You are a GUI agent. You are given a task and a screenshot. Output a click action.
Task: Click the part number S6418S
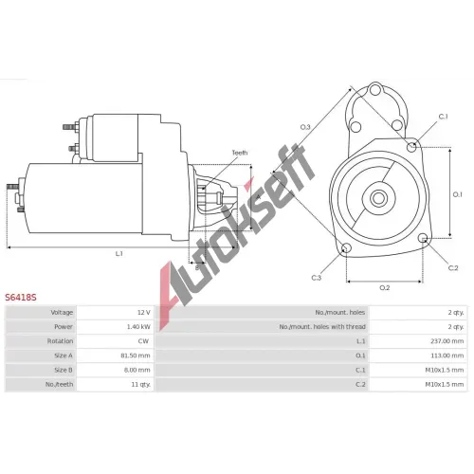pos(21,298)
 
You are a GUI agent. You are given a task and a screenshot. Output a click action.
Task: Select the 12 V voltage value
pos(144,313)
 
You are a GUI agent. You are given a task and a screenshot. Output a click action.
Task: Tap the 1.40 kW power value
pos(138,327)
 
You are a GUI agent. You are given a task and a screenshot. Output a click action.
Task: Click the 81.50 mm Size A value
pos(136,355)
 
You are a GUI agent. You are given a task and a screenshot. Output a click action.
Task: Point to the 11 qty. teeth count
pos(141,385)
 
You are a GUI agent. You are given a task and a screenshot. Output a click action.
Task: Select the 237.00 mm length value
pos(447,341)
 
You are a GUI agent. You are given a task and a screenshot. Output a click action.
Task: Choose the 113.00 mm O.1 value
pos(447,355)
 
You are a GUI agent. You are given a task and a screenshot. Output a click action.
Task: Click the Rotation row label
pos(60,341)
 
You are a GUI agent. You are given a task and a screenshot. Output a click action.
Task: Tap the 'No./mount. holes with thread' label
pos(322,327)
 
